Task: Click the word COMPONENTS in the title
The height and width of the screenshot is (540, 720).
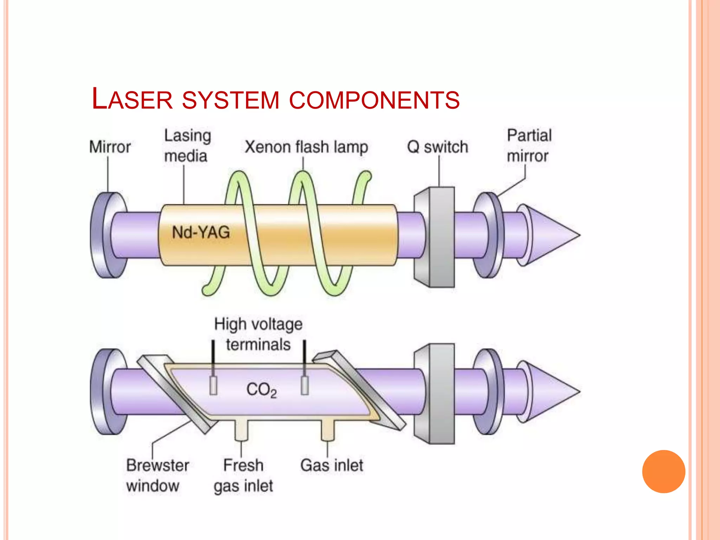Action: (x=374, y=100)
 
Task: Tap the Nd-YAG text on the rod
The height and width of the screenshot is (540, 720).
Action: (x=201, y=232)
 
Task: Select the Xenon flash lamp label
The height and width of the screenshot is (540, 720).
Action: (x=306, y=147)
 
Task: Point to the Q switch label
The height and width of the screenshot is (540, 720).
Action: (x=437, y=147)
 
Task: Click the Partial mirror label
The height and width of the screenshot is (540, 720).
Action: (x=529, y=146)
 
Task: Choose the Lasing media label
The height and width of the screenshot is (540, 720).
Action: (x=187, y=146)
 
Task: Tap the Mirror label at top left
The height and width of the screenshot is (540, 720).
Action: (x=110, y=147)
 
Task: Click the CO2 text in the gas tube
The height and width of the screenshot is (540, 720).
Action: (x=261, y=390)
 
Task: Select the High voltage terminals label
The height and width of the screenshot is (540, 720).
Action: (x=258, y=334)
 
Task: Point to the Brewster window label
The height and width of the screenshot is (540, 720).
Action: (x=157, y=475)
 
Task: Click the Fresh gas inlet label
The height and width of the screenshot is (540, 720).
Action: (x=243, y=475)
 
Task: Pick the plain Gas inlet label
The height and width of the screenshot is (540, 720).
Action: (x=332, y=465)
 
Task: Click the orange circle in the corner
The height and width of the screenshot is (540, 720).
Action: (x=663, y=471)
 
